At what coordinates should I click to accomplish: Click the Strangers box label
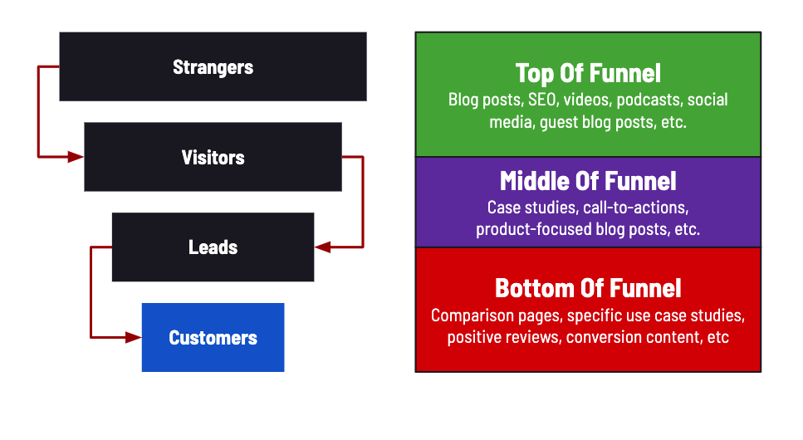click(213, 67)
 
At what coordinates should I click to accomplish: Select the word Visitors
click(213, 157)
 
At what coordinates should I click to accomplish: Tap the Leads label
click(213, 247)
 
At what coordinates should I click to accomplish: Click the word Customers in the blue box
click(213, 338)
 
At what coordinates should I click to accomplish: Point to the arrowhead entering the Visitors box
click(76, 156)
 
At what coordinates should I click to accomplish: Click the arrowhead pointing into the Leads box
click(323, 247)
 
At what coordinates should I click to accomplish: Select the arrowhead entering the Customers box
click(134, 337)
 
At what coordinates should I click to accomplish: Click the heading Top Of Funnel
click(588, 73)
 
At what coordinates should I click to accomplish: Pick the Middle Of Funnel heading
click(588, 181)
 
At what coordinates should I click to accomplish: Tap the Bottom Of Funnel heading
click(588, 288)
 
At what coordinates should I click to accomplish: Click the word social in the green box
click(708, 100)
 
